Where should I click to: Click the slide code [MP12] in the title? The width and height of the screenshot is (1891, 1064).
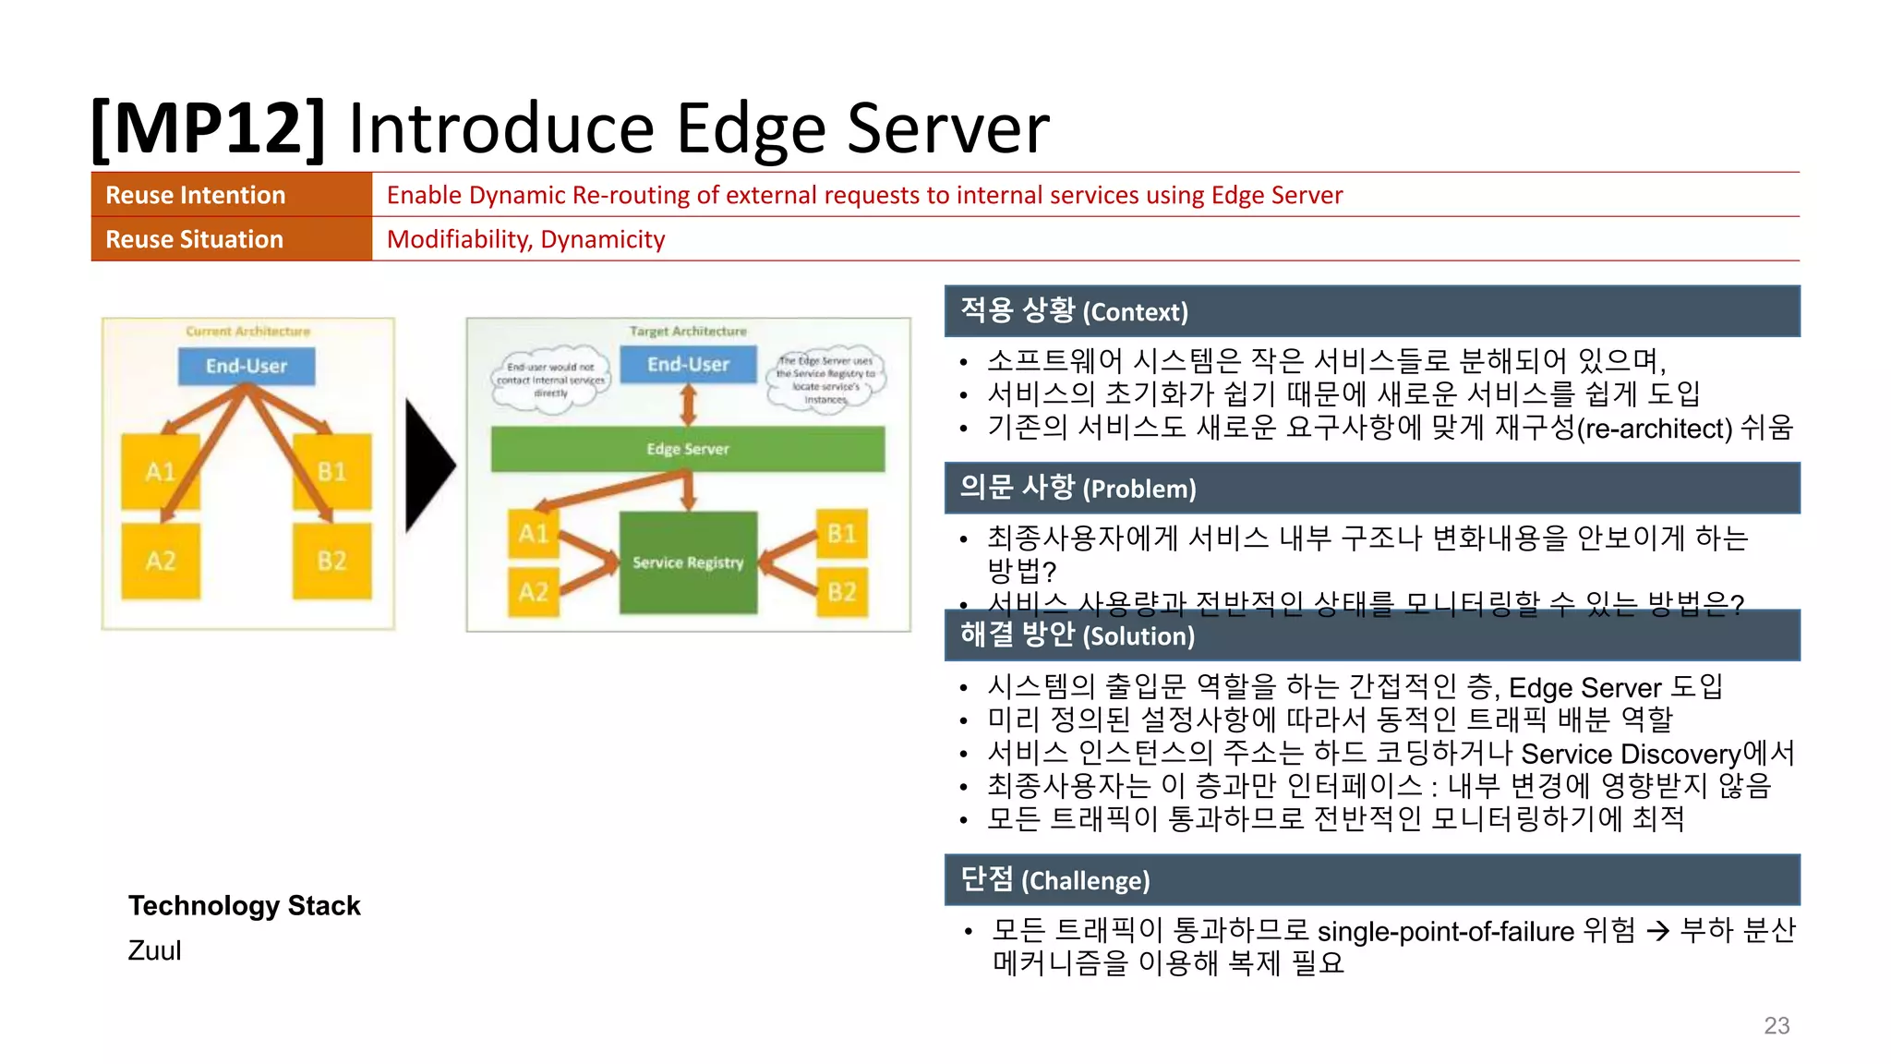[x=209, y=128]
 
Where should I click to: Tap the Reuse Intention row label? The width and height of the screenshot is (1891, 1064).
[x=195, y=195]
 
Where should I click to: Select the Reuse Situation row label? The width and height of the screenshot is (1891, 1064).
[x=194, y=239]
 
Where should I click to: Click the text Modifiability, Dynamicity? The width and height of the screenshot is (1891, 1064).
[x=525, y=239]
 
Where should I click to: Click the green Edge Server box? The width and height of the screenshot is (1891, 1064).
[x=688, y=449]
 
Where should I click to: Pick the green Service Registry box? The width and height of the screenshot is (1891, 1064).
[x=688, y=562]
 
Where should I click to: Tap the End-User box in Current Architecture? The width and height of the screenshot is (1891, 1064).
[x=247, y=366]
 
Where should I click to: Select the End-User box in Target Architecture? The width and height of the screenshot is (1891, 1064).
[x=688, y=364]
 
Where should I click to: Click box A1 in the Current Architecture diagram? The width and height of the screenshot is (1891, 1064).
[x=161, y=472]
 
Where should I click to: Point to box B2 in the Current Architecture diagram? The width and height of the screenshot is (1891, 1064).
[x=331, y=561]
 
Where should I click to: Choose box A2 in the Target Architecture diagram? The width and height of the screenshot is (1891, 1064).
[x=533, y=591]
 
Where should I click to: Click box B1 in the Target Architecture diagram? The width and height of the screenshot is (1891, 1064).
[x=841, y=533]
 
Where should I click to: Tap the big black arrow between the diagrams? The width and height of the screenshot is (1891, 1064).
[x=428, y=465]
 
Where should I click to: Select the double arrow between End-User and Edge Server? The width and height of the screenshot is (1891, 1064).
[x=688, y=405]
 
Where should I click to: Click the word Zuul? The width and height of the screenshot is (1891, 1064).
[x=154, y=950]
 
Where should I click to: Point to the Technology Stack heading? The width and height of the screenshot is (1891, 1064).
[x=244, y=905]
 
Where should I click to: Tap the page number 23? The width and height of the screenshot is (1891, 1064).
[x=1776, y=1025]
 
